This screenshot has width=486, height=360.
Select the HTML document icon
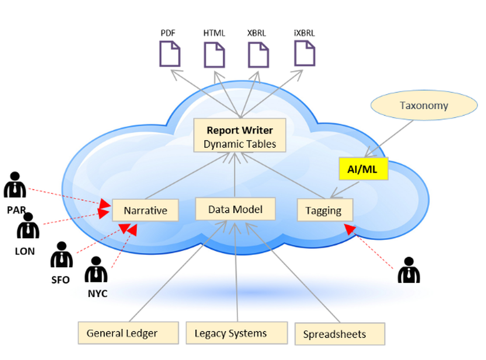[x=214, y=54]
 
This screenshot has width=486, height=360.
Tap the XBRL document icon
[x=258, y=54]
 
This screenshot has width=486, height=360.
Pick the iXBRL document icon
[x=305, y=53]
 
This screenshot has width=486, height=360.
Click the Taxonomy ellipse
[x=423, y=105]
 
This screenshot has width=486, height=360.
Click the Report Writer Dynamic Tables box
[x=239, y=137]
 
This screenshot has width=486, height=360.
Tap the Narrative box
[x=145, y=210]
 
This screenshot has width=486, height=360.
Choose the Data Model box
[x=235, y=209]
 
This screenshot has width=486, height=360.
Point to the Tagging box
[x=325, y=211]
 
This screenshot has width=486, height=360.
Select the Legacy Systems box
[x=230, y=334]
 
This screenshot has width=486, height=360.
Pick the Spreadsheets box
[x=334, y=334]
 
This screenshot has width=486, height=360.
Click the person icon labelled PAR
[x=15, y=186]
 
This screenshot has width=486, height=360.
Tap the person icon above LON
[x=28, y=226]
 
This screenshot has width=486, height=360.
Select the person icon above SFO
[x=61, y=255]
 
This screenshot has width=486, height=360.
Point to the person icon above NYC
[x=96, y=271]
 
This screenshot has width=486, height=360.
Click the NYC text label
[x=98, y=293]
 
